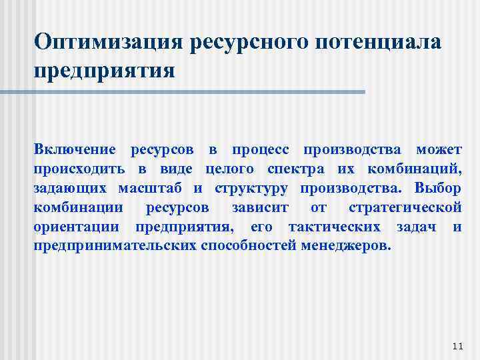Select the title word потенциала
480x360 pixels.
point(373,41)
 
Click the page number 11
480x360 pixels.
point(457,346)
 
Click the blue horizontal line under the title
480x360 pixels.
point(200,91)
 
